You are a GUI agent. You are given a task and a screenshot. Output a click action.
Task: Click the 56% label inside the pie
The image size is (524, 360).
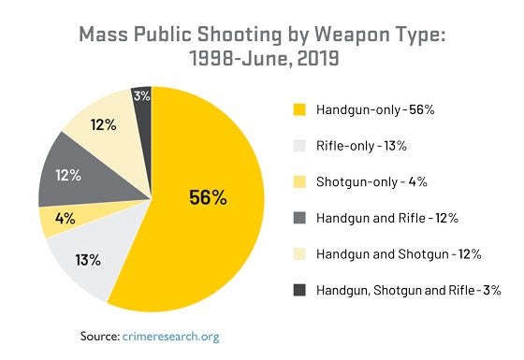tap(208, 197)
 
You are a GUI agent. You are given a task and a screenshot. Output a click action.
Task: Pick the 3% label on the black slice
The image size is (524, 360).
tap(142, 95)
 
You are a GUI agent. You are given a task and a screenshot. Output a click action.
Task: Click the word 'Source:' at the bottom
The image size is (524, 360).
tap(95, 335)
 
